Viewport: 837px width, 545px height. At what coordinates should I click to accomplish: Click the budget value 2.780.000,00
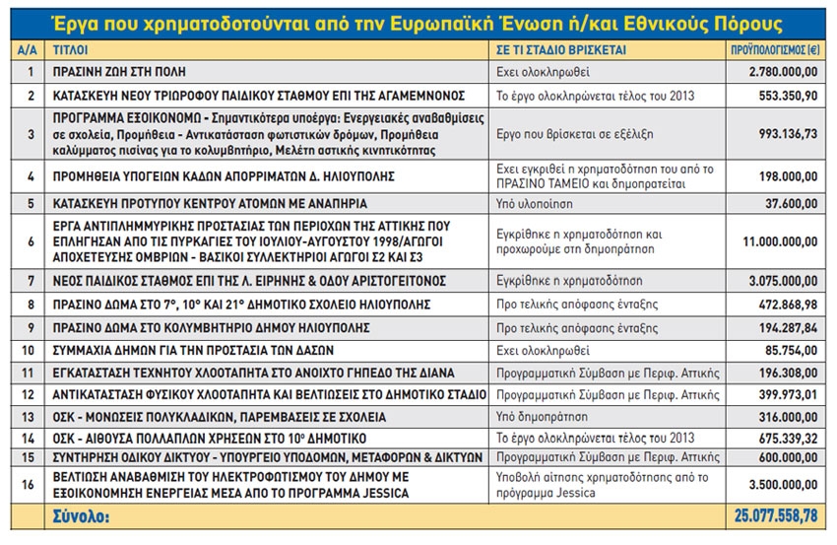783,72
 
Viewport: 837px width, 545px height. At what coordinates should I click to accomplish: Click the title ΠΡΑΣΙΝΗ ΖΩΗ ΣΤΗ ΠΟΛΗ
118,72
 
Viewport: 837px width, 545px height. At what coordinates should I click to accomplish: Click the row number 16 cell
30,484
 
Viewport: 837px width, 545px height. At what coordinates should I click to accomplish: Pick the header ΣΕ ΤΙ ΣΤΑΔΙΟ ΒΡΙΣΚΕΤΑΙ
556,47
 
